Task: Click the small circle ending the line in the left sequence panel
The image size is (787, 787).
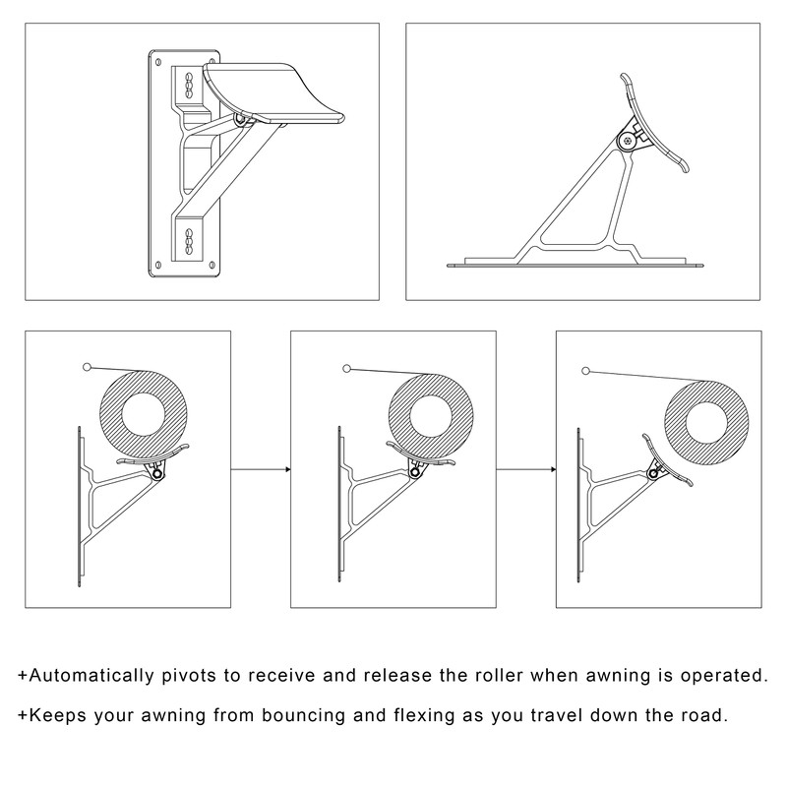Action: (x=88, y=367)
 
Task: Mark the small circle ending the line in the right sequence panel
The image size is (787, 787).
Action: (x=587, y=371)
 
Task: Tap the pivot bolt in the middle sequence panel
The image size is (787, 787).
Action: (x=418, y=473)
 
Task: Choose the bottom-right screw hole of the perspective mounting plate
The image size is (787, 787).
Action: (x=211, y=264)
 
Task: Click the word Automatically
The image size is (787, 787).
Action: (x=88, y=676)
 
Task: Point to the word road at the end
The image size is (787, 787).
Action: (x=705, y=714)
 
